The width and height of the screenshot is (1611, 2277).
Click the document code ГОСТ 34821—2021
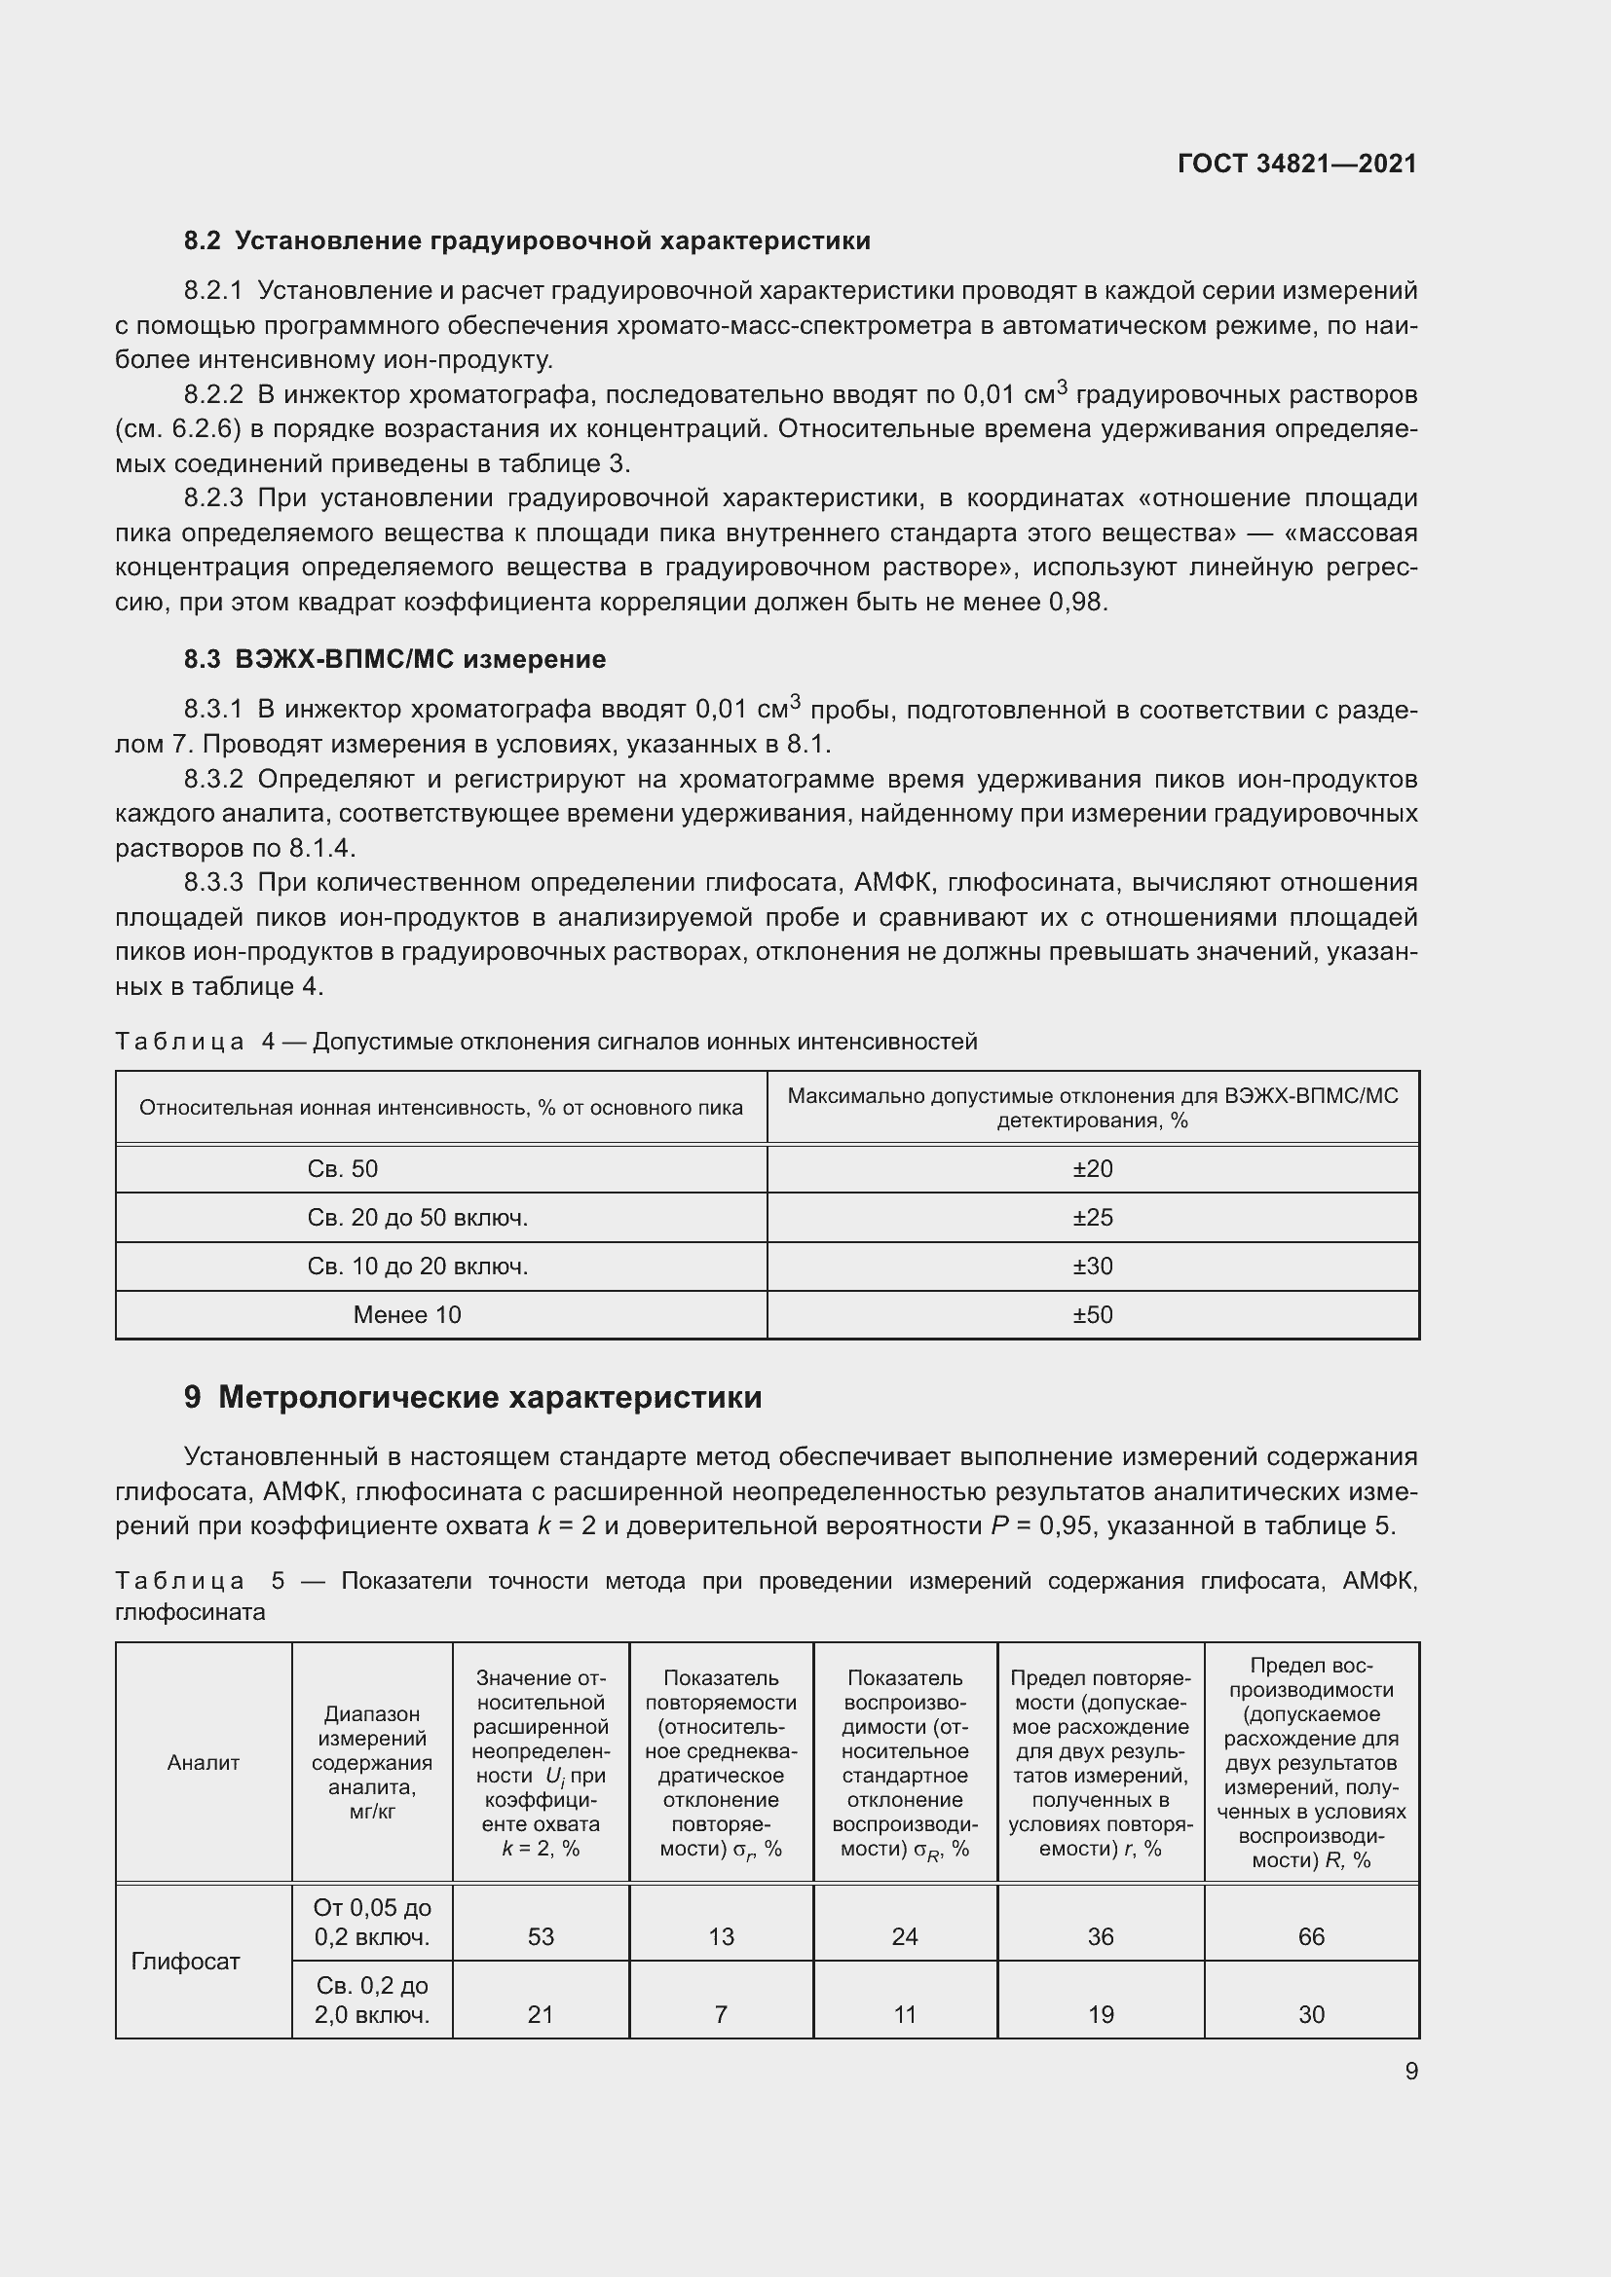click(1296, 164)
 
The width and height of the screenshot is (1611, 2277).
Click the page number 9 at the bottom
click(1410, 2071)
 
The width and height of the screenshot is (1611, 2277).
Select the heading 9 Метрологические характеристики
click(472, 1396)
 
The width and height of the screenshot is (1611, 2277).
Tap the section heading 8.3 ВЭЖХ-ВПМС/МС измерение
click(394, 659)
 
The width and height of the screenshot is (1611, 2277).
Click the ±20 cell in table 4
click(1092, 1168)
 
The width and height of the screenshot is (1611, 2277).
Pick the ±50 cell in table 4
click(1092, 1314)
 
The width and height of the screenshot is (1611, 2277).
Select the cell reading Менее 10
click(407, 1314)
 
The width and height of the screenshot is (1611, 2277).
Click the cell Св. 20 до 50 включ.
click(417, 1217)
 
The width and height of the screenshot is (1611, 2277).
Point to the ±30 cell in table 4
click(1092, 1266)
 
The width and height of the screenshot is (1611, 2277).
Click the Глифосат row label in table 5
click(185, 1961)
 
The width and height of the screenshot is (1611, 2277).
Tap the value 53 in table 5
click(541, 1936)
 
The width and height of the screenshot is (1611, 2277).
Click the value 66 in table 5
click(1310, 1936)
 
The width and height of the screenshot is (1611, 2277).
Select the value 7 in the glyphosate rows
click(720, 2014)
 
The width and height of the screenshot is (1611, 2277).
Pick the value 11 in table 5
click(905, 2014)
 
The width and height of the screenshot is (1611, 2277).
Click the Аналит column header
click(204, 1762)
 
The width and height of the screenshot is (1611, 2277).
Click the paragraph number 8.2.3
click(213, 497)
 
